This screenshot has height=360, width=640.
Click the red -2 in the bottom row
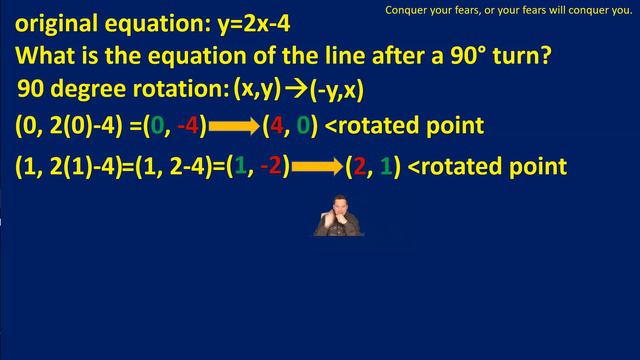tap(271, 165)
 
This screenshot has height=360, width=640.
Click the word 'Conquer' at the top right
tap(406, 11)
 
